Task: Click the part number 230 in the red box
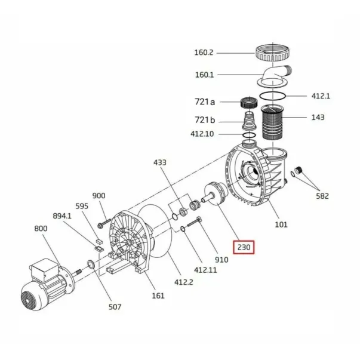244,247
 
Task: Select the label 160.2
204,53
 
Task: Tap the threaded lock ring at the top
272,53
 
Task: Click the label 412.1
321,96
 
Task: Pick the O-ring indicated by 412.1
272,96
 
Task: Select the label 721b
205,120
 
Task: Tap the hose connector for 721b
250,121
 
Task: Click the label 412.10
202,134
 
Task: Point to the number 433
160,162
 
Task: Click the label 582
322,196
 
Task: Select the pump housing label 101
281,224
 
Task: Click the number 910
221,260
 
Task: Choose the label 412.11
205,270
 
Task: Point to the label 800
41,229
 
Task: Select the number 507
115,307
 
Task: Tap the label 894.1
62,216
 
